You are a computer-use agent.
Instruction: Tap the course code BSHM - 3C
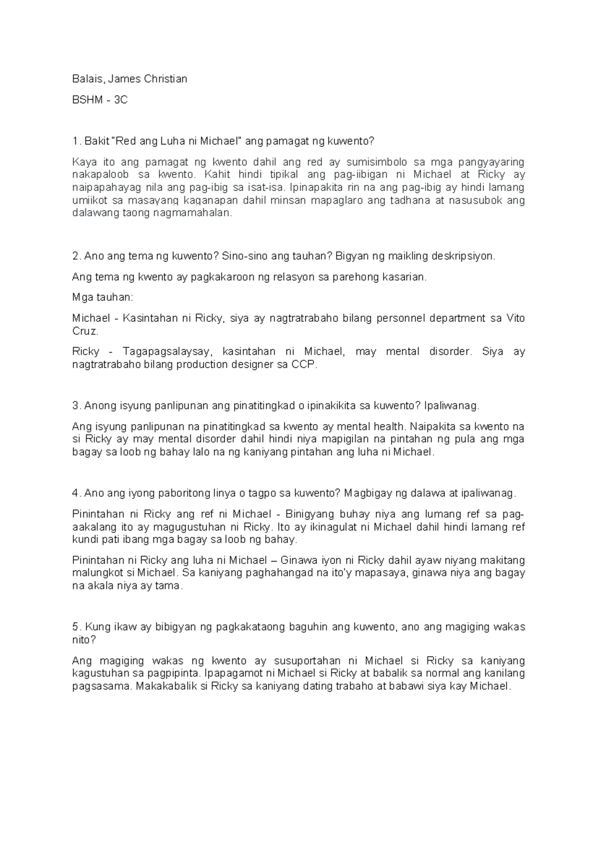[x=100, y=100]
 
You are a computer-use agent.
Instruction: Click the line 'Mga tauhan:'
[x=102, y=297]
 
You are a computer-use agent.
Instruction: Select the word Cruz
[x=84, y=331]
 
